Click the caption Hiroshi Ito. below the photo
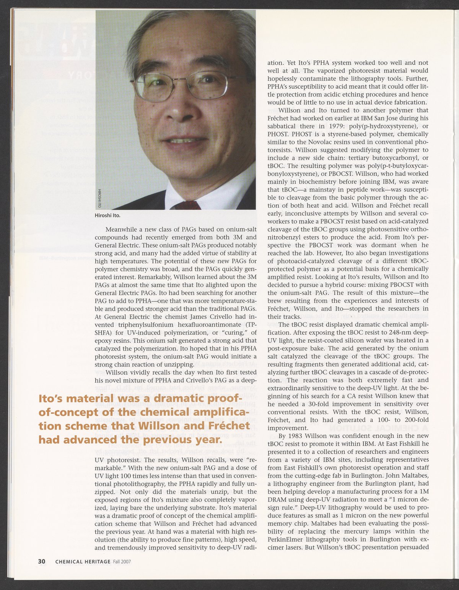coord(107,215)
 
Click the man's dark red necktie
coord(187,205)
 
